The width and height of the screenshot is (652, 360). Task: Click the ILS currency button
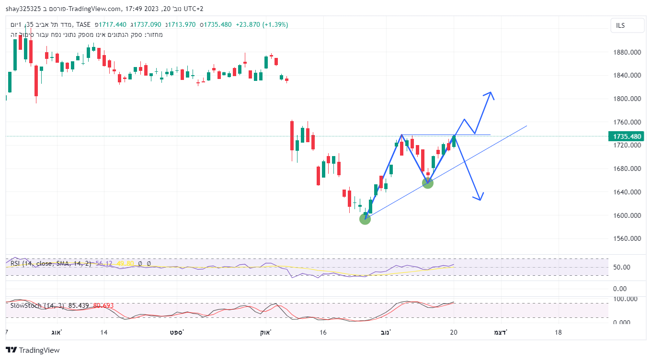coord(627,26)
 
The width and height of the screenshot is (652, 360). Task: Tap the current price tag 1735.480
coord(627,136)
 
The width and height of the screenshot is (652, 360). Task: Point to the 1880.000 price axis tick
coord(627,52)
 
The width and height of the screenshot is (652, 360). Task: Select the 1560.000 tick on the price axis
coord(627,238)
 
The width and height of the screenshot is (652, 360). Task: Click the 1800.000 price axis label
coord(627,99)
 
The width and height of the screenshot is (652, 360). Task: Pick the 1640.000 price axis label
coord(627,192)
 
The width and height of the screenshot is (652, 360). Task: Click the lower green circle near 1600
coord(365,219)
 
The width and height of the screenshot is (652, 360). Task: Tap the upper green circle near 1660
coord(428,183)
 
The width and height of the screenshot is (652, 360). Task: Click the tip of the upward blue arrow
coord(490,92)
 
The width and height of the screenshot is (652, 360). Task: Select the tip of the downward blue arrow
coord(479,199)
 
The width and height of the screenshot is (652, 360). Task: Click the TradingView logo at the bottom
coord(33,350)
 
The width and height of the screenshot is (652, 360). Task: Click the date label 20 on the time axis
coord(454,332)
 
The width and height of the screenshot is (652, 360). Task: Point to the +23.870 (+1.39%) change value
coord(262,24)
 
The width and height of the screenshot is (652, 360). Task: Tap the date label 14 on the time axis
coord(104,332)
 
